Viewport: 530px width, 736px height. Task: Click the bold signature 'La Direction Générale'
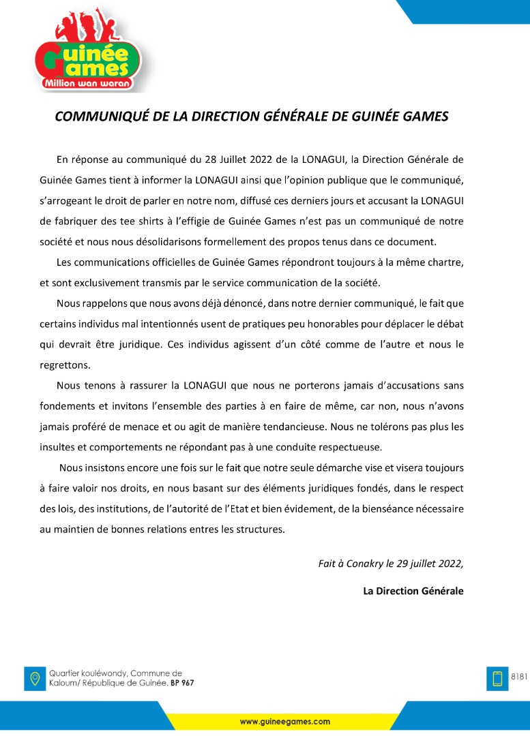coord(413,591)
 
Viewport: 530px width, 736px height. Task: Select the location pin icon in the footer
coord(34,678)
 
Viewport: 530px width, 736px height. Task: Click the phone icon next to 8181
coord(497,679)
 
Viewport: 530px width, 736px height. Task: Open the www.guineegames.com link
coord(284,721)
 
